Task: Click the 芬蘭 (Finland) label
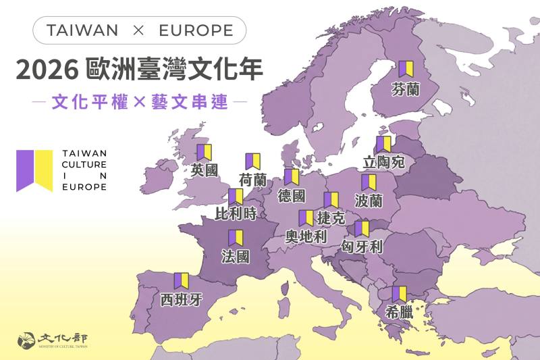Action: pos(405,88)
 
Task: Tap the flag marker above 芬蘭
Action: pos(405,69)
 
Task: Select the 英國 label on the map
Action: pos(205,170)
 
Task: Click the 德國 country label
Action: pos(292,196)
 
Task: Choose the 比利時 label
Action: pos(236,214)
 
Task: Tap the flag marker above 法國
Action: pos(236,238)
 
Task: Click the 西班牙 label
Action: pos(181,299)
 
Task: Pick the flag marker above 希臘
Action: pos(399,294)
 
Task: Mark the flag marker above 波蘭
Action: pos(369,182)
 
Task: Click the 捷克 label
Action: pos(331,218)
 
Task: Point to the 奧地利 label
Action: pos(306,236)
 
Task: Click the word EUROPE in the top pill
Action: pos(196,30)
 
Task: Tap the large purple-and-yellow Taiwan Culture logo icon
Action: pos(34,170)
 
